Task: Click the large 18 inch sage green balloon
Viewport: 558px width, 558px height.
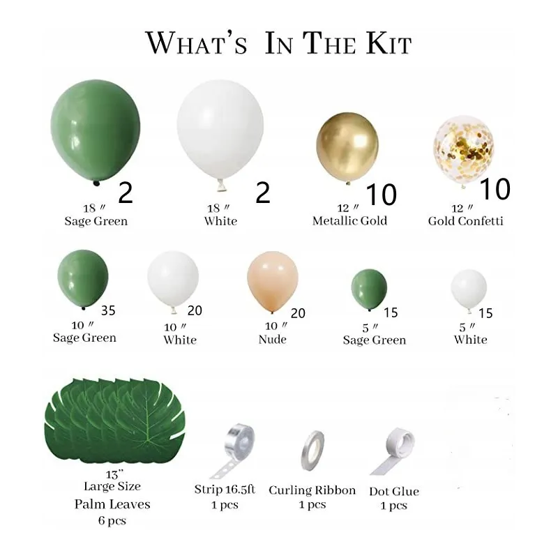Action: [96, 131]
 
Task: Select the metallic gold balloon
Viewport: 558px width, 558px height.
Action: [347, 147]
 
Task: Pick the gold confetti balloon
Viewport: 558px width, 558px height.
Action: [464, 150]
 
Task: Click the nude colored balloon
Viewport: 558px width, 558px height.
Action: [273, 282]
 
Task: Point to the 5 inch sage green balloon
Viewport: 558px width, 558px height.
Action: [369, 289]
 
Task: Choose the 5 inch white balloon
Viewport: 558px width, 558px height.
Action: [469, 291]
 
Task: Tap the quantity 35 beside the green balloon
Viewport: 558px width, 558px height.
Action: [108, 310]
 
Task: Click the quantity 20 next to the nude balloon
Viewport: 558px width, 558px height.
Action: [298, 313]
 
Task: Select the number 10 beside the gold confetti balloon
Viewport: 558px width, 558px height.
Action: [495, 189]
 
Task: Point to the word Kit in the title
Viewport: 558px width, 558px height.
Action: [389, 44]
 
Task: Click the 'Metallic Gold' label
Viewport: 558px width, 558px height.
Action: [350, 221]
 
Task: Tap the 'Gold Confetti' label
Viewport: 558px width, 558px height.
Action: [465, 221]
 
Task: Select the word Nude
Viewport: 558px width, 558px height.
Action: [273, 339]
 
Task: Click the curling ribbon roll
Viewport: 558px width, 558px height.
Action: [312, 451]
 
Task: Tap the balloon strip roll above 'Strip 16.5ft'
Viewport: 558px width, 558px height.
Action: [233, 450]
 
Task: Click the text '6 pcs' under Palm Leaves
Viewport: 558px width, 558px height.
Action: [112, 520]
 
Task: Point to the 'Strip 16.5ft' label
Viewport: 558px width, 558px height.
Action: [225, 490]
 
